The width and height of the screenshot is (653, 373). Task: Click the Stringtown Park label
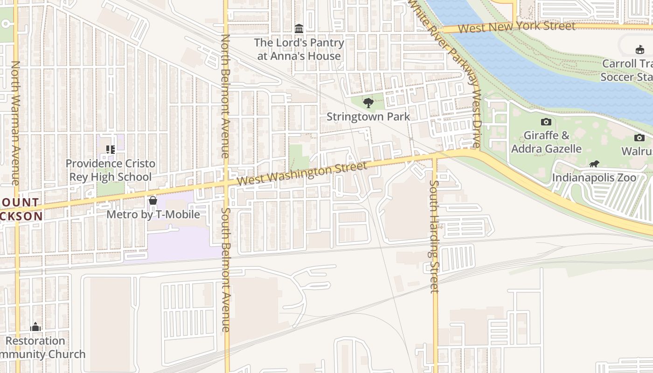point(368,117)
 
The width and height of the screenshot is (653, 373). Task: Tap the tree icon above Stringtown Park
point(368,103)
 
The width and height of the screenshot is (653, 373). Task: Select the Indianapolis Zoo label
point(594,178)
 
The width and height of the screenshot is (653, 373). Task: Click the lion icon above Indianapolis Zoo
point(594,164)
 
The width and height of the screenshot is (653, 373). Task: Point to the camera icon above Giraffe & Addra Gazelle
point(546,122)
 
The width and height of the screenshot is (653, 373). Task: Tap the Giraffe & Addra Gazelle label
point(546,142)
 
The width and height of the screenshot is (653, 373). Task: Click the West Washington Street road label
point(302,173)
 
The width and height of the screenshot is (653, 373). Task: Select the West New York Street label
point(516,27)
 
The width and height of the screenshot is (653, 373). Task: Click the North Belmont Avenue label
point(225,96)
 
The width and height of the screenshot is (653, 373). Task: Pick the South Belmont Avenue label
point(225,269)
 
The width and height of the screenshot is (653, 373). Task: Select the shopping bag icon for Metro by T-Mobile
point(153,200)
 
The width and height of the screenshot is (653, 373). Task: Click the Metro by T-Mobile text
point(153,214)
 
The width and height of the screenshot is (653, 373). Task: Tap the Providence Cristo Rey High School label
point(111,170)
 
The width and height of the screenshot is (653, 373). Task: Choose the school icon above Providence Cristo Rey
point(111,150)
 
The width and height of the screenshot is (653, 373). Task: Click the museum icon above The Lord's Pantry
point(299,29)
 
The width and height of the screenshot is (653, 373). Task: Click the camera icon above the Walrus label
point(639,138)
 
